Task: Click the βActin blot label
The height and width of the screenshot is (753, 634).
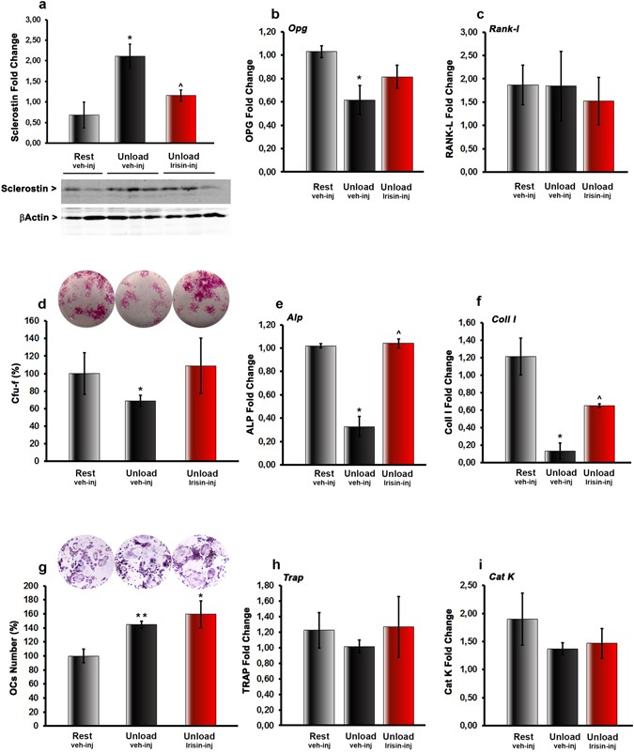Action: [x=31, y=218]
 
